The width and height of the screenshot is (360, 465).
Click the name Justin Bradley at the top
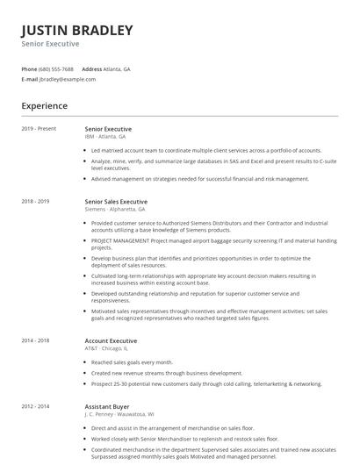click(77, 31)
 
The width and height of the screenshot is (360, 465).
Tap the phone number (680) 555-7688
click(57, 68)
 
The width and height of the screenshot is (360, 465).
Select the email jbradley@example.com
click(68, 79)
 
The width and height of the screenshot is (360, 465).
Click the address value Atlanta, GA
click(118, 68)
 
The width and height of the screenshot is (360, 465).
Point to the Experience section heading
click(44, 106)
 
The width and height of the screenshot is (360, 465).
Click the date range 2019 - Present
click(39, 129)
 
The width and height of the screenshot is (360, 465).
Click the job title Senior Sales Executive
click(116, 202)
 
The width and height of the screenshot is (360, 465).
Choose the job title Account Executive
click(111, 340)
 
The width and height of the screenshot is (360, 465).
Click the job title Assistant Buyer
click(107, 407)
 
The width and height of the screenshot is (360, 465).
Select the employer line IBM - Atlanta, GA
click(105, 137)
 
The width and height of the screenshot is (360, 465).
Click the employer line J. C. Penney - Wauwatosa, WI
click(119, 414)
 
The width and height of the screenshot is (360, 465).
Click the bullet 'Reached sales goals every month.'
click(132, 362)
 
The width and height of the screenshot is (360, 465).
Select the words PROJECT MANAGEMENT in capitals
click(120, 240)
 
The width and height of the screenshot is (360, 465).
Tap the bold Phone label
click(29, 68)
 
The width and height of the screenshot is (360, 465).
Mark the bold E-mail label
click(29, 79)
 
